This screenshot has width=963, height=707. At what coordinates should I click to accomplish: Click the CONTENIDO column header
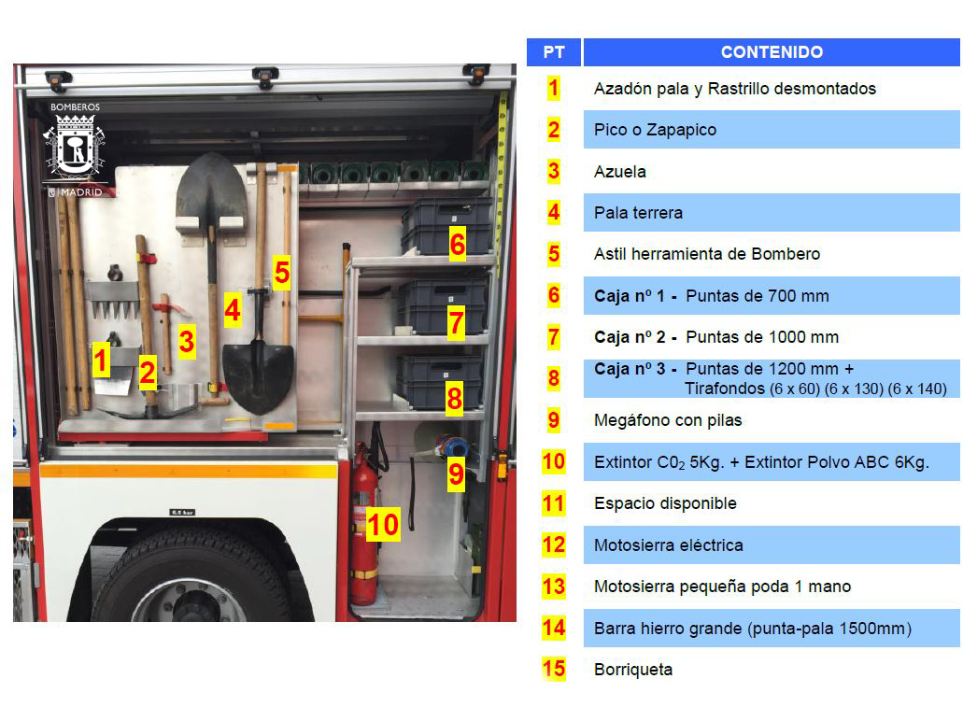[772, 52]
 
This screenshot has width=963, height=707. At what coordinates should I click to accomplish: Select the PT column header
[553, 52]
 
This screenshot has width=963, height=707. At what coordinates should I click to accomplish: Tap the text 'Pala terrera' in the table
[638, 213]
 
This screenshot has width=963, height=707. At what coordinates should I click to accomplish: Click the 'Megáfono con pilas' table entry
[668, 420]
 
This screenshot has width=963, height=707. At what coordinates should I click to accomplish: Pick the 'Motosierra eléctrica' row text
[668, 544]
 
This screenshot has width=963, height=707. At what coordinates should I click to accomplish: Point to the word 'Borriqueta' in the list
[633, 670]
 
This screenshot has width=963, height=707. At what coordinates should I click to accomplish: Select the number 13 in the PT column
[553, 586]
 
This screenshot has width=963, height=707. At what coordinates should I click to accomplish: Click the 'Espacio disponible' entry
[665, 503]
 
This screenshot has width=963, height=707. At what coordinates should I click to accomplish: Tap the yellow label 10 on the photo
[383, 525]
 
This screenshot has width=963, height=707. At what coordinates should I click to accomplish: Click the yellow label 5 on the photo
[282, 272]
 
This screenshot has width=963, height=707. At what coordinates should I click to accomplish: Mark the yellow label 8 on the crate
[455, 399]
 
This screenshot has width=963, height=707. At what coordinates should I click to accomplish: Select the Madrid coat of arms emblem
[75, 147]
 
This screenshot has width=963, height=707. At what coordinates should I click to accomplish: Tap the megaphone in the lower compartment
[447, 446]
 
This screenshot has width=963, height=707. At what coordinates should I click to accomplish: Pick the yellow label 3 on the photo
[187, 342]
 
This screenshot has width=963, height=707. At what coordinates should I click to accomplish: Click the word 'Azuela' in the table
[619, 171]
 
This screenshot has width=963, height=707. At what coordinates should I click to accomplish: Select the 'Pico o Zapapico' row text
[655, 130]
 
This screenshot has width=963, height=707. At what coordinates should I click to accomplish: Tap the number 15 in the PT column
[553, 669]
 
